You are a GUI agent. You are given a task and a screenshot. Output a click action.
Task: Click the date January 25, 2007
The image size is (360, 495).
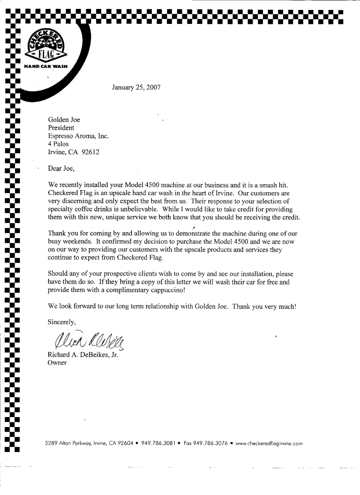point(136,87)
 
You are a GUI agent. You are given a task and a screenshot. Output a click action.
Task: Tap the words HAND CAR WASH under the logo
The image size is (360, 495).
point(46,67)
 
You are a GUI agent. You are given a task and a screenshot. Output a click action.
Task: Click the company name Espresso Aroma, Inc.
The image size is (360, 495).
point(78,136)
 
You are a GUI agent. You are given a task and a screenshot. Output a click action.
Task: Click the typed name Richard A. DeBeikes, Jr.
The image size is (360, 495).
point(83,354)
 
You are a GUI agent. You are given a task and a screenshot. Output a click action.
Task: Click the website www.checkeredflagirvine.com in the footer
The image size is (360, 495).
point(269,443)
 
